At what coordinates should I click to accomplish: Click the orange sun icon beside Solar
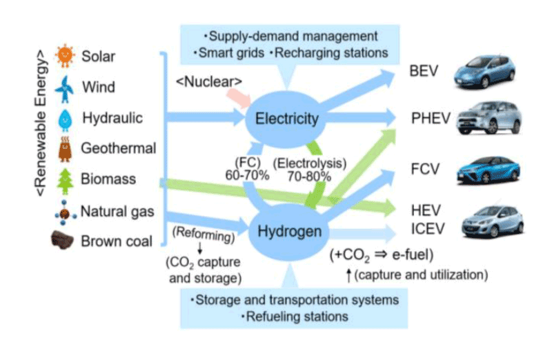pyautogui.click(x=65, y=55)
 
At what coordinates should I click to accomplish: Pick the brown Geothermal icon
pyautogui.click(x=65, y=148)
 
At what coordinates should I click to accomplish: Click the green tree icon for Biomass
pyautogui.click(x=65, y=179)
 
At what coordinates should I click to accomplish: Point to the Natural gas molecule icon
pyautogui.click(x=64, y=211)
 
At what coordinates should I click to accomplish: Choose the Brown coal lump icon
pyautogui.click(x=64, y=241)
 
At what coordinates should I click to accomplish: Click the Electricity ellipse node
pyautogui.click(x=287, y=119)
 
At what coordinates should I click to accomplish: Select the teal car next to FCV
pyautogui.click(x=487, y=169)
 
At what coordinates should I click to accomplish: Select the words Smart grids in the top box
pyautogui.click(x=225, y=52)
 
